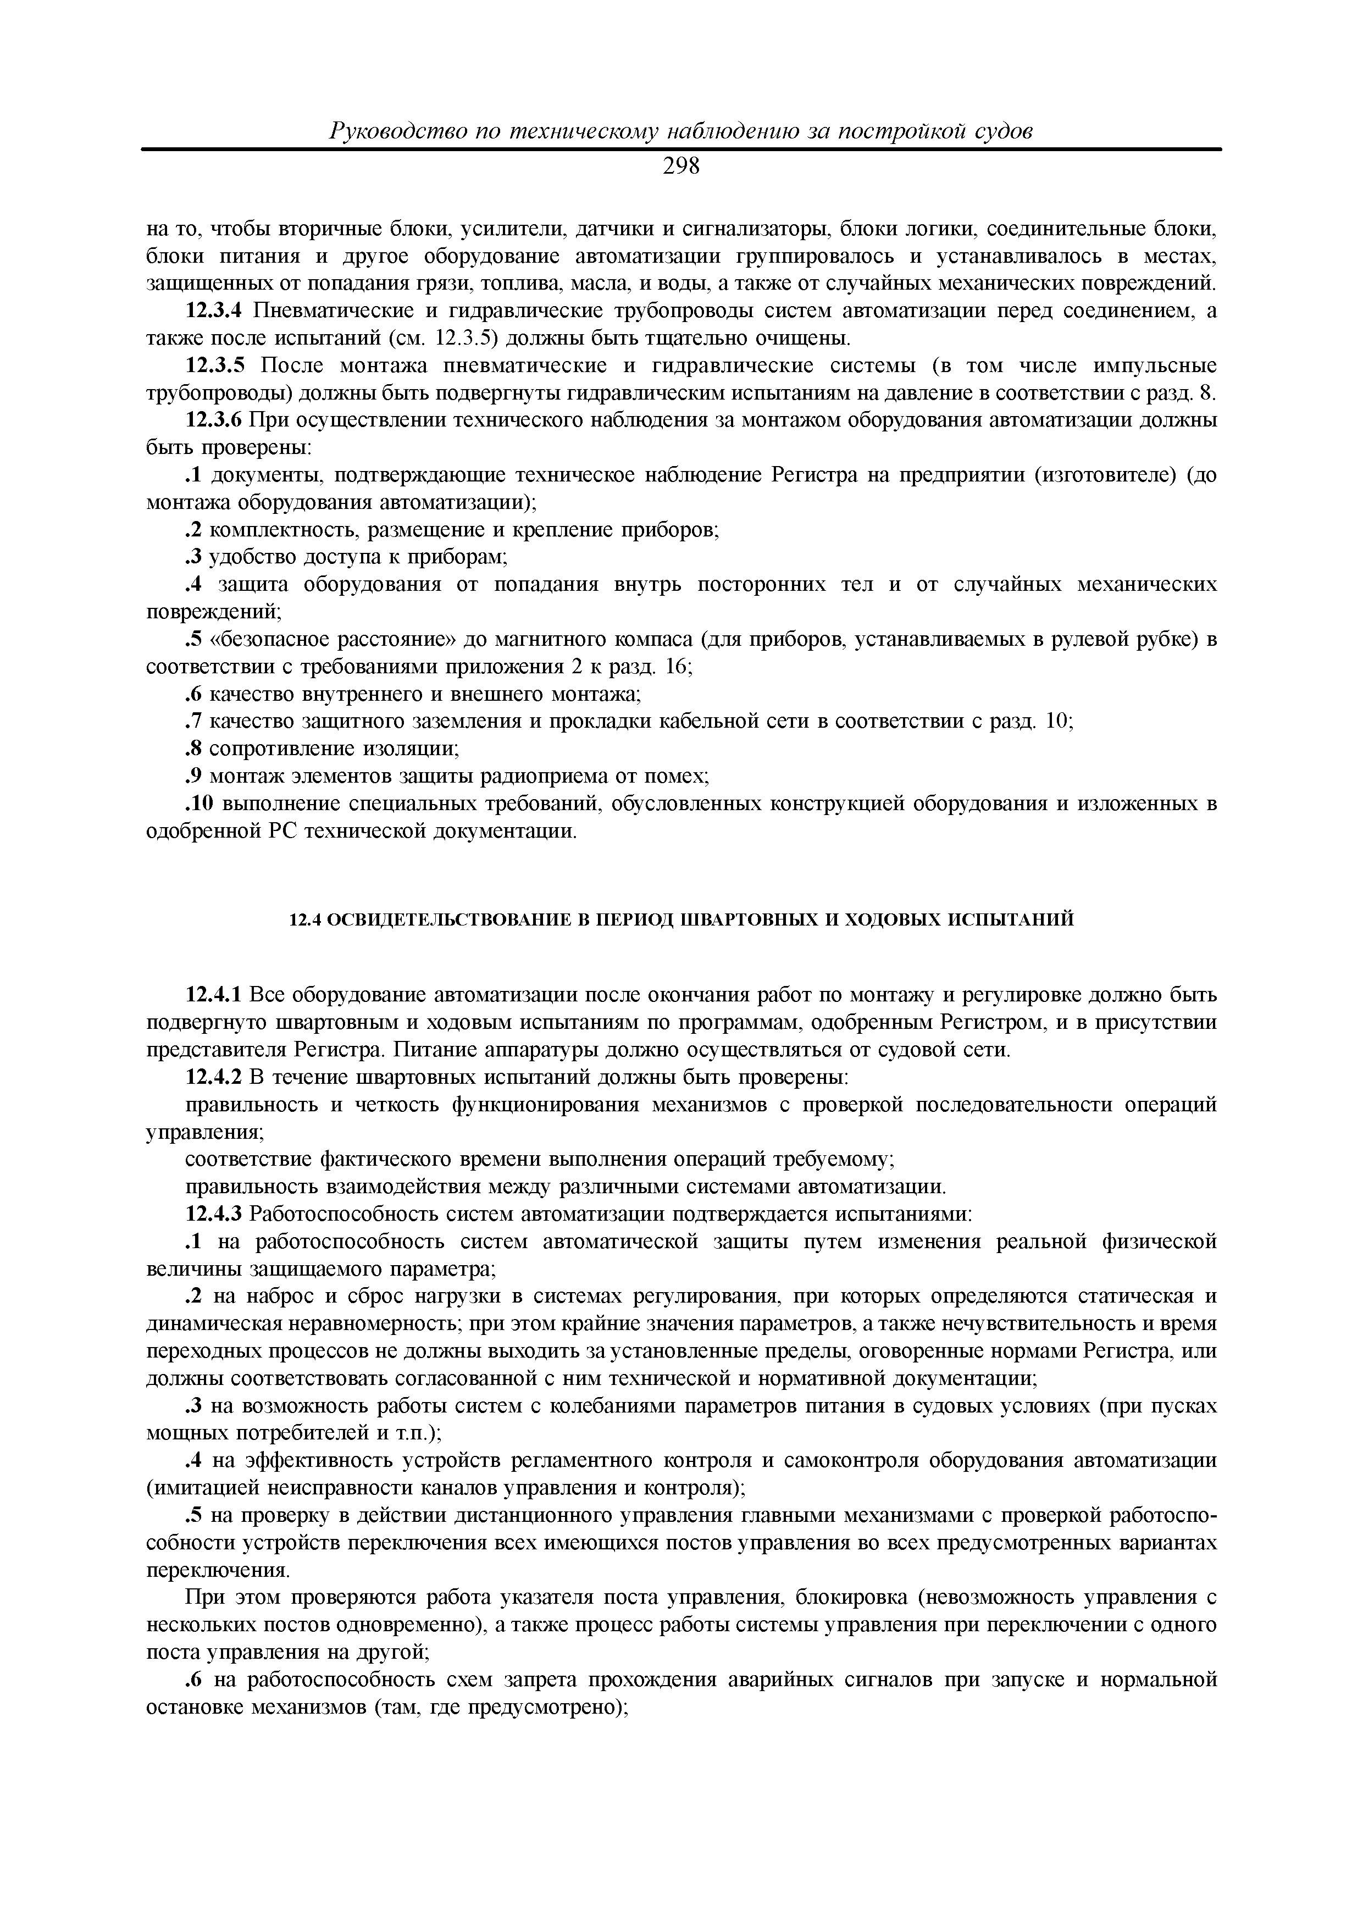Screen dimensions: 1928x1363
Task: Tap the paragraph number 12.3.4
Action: tap(213, 312)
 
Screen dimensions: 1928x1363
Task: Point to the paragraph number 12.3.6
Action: tap(213, 420)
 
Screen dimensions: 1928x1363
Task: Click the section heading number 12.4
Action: tap(304, 921)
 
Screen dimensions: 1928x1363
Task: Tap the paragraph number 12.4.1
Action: tap(213, 996)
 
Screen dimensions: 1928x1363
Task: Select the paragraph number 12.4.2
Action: tap(213, 1077)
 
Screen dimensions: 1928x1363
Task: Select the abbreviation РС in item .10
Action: tap(285, 832)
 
